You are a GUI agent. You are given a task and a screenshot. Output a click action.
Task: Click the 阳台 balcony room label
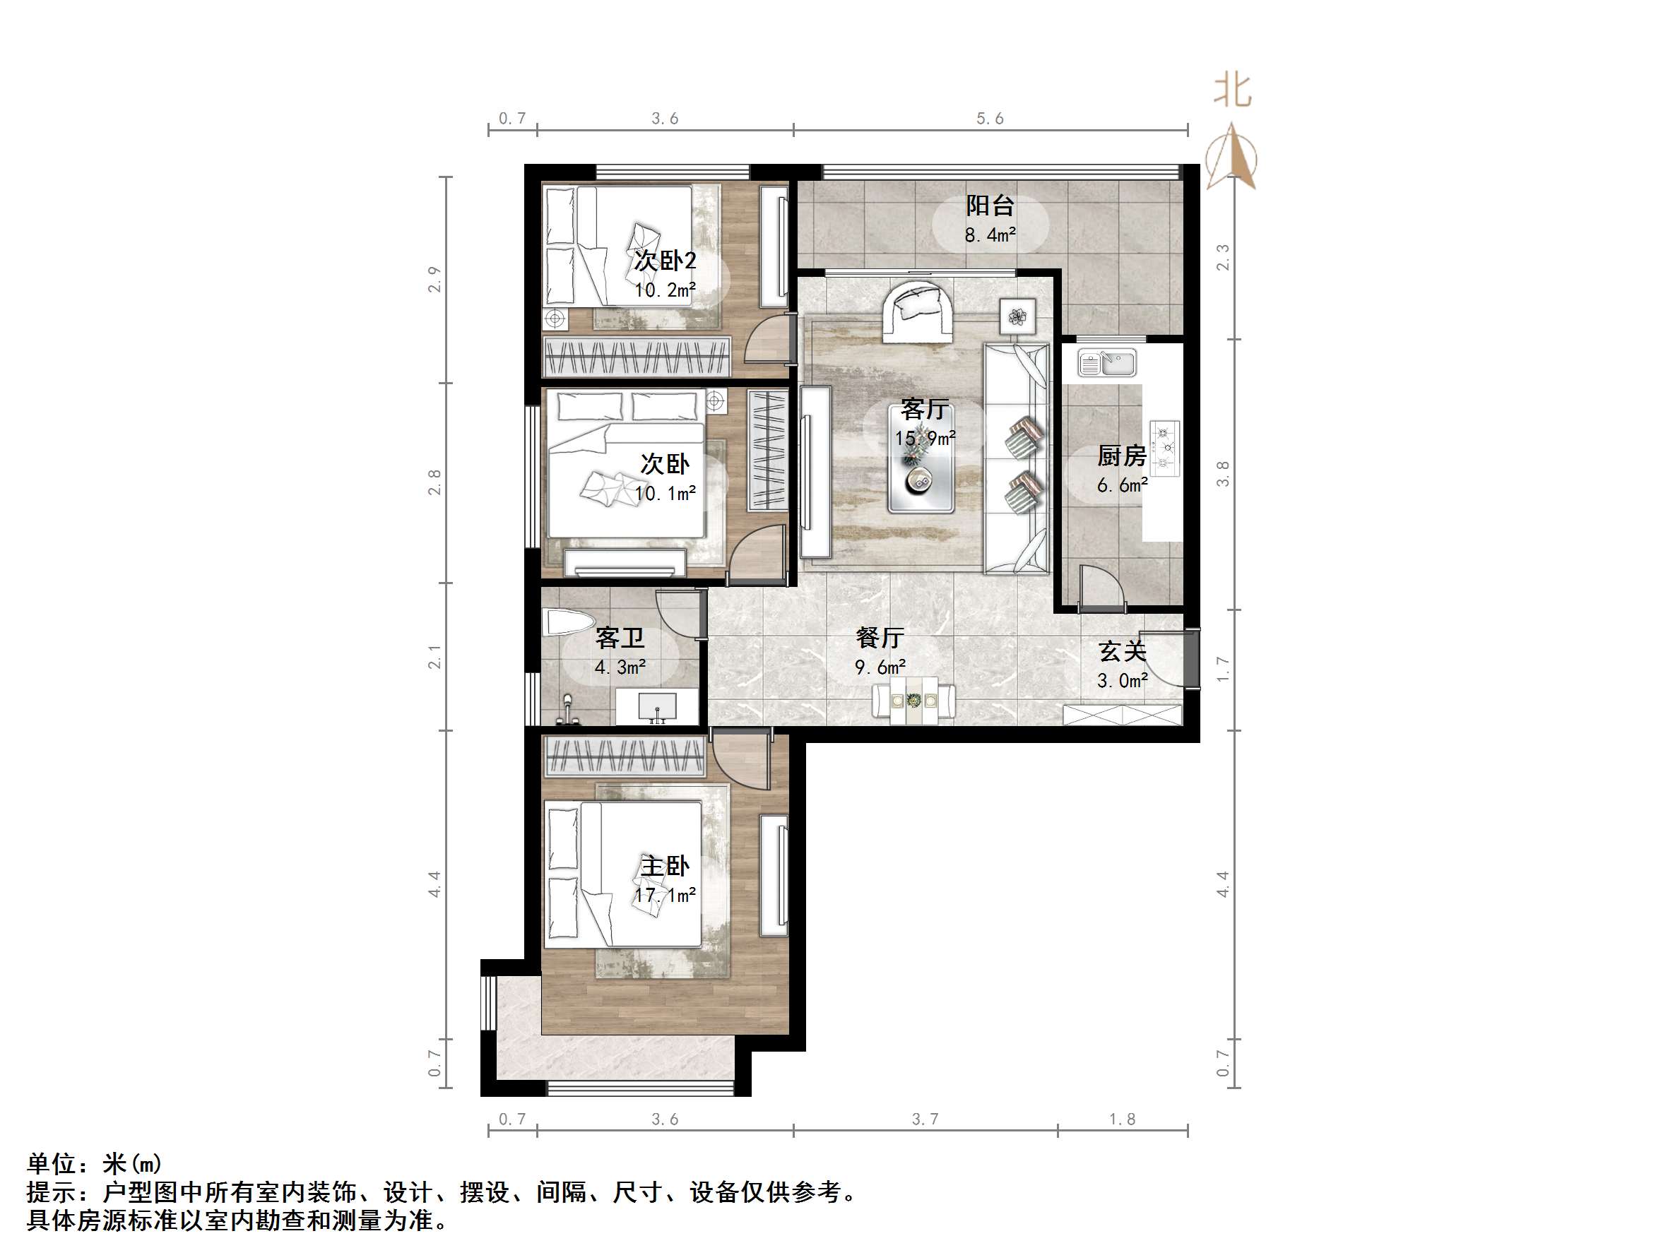[990, 205]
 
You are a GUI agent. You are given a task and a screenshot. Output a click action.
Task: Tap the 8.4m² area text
[990, 235]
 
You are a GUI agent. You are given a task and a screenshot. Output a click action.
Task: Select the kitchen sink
[1107, 363]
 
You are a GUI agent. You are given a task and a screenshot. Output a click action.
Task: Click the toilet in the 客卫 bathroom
[567, 623]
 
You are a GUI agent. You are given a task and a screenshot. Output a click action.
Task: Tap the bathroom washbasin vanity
[657, 707]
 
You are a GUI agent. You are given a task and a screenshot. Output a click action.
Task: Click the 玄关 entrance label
[1122, 651]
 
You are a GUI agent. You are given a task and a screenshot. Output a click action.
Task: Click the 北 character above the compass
[1232, 90]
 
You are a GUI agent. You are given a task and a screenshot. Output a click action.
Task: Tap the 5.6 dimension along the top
[990, 119]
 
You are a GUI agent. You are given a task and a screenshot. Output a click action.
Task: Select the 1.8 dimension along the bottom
[1122, 1119]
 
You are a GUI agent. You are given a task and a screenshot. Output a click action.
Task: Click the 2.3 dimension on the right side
[1223, 256]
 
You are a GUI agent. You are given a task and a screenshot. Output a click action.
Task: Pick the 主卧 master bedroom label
[665, 866]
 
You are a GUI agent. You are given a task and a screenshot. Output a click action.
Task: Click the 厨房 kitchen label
[1121, 456]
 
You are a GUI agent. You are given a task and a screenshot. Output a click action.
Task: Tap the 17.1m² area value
[665, 896]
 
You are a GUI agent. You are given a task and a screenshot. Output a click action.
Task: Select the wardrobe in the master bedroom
[625, 756]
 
